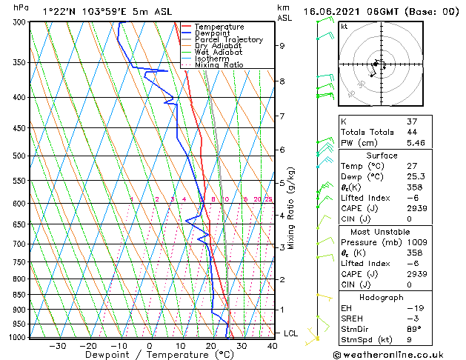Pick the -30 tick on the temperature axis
click(x=56, y=346)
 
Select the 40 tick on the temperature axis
click(x=272, y=346)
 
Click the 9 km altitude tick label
click(x=282, y=46)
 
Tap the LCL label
click(x=290, y=334)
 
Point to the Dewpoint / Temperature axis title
click(x=150, y=355)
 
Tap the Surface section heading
click(x=382, y=156)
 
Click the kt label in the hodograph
click(x=344, y=26)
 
